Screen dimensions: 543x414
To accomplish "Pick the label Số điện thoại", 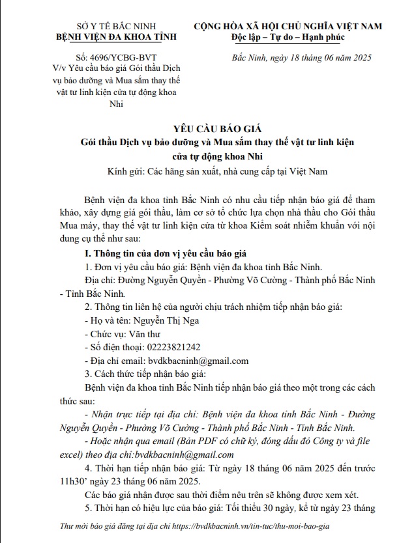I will [x=113, y=347].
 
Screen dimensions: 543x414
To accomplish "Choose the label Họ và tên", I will [x=108, y=320].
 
